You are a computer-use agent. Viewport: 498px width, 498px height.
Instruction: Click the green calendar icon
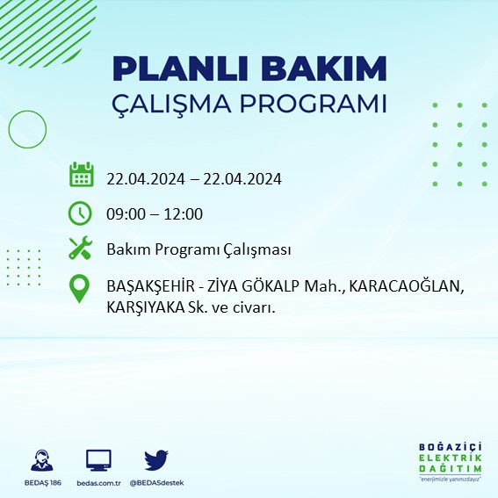pyautogui.click(x=81, y=175)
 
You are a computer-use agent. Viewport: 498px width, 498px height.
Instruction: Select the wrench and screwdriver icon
pyautogui.click(x=81, y=249)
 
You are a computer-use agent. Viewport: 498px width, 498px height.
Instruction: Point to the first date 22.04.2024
pyautogui.click(x=145, y=178)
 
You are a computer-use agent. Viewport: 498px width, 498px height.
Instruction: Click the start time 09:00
pyautogui.click(x=125, y=214)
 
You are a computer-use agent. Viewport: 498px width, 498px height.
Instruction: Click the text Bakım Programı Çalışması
pyautogui.click(x=198, y=250)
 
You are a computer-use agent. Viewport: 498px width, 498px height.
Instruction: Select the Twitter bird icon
pyautogui.click(x=155, y=459)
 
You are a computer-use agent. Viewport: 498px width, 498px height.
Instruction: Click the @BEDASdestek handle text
pyautogui.click(x=156, y=483)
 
